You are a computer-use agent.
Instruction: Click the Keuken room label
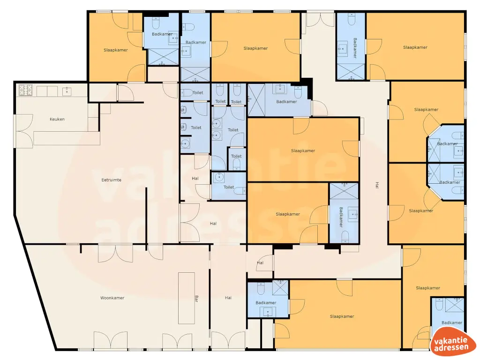(x=57, y=119)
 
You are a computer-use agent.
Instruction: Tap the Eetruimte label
(x=112, y=180)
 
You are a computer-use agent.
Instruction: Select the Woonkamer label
(x=112, y=298)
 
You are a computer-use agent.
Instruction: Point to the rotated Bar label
(x=196, y=298)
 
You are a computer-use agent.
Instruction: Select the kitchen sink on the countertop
(x=67, y=90)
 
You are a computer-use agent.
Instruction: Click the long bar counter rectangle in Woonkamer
(x=187, y=298)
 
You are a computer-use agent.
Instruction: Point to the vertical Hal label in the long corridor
(x=377, y=185)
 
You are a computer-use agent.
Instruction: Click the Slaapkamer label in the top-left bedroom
(x=116, y=50)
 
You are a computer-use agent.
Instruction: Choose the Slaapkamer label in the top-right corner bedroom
(x=415, y=47)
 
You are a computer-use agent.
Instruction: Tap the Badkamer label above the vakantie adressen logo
(x=451, y=322)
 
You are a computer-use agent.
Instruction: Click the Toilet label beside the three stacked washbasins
(x=196, y=127)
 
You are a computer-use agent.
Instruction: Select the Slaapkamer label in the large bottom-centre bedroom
(x=342, y=316)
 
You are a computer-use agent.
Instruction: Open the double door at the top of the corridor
(x=320, y=19)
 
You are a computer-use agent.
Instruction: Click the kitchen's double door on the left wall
(x=24, y=131)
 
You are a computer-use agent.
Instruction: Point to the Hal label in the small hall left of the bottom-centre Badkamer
(x=260, y=262)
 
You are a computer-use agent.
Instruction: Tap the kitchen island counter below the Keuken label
(x=67, y=138)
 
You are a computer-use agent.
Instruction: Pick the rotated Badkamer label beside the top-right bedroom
(x=355, y=48)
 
